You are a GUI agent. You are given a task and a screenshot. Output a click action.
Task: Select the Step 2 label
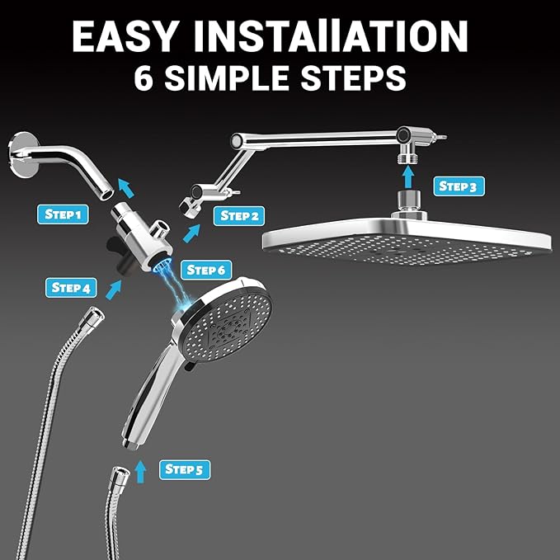pyautogui.click(x=240, y=216)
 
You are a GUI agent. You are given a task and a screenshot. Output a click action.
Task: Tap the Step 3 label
pyautogui.click(x=457, y=186)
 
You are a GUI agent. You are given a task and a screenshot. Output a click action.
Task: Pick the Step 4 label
pyautogui.click(x=71, y=288)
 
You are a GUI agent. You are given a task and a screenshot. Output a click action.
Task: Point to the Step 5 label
pyautogui.click(x=184, y=469)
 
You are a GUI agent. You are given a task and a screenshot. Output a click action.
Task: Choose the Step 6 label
pyautogui.click(x=206, y=270)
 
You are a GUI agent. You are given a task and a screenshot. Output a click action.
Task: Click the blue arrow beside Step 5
pyautogui.click(x=141, y=471)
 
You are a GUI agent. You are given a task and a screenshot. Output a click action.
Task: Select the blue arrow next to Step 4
pyautogui.click(x=114, y=289)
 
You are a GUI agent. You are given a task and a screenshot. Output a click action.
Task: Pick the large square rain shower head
pyautogui.click(x=406, y=239)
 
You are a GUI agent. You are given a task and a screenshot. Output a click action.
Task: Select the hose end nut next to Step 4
pyautogui.click(x=92, y=318)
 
